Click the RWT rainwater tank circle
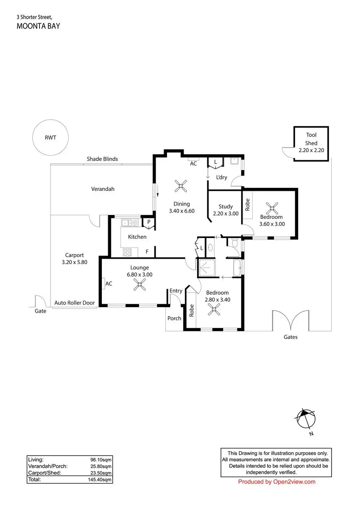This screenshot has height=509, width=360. (x=50, y=120)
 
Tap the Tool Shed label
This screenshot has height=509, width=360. (x=311, y=139)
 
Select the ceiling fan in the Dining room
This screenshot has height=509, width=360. (x=181, y=186)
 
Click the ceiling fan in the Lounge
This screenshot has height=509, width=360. (x=140, y=284)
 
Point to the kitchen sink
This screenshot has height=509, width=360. (x=130, y=222)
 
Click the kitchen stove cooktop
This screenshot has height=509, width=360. (x=127, y=252)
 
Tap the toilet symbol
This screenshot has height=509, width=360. (x=234, y=243)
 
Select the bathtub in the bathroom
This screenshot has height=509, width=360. (x=237, y=268)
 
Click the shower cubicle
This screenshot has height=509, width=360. (x=207, y=268)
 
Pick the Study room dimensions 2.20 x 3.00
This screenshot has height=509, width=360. (x=226, y=214)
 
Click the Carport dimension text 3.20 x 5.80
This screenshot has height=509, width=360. (x=75, y=262)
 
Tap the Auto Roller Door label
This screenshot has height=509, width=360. (x=75, y=303)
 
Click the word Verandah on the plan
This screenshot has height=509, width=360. (x=103, y=189)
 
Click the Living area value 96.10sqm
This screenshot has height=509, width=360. (x=101, y=460)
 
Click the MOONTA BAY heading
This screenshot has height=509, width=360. (x=39, y=26)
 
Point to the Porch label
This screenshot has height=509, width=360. (x=174, y=318)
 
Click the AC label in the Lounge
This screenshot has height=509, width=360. (x=109, y=284)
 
